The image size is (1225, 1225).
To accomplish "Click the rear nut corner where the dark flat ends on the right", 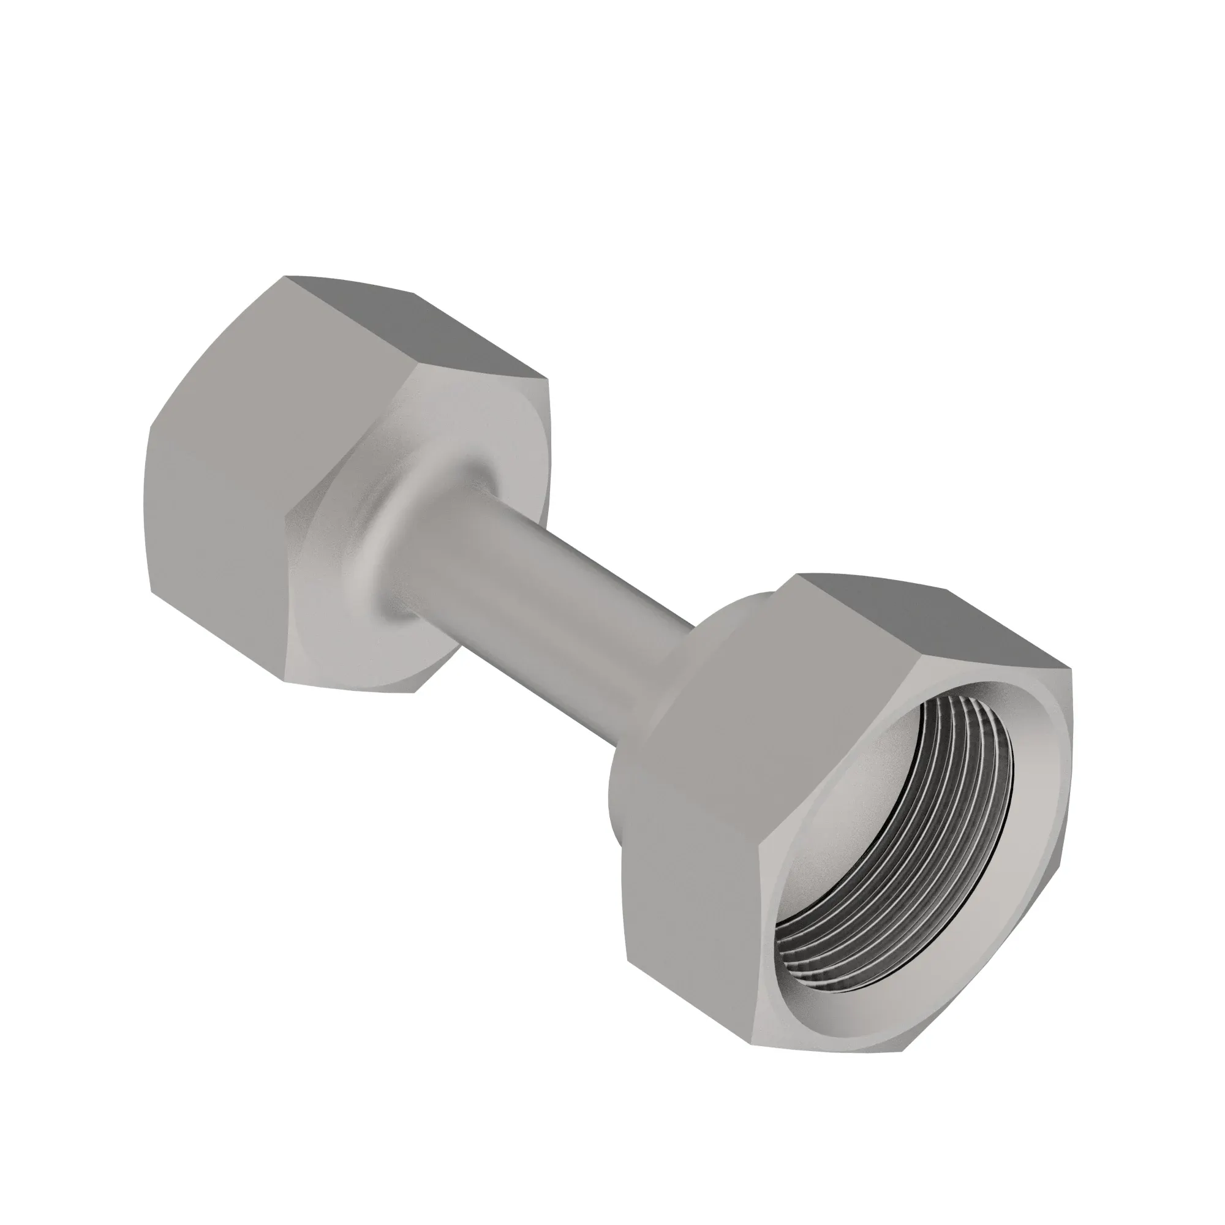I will point(546,379).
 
